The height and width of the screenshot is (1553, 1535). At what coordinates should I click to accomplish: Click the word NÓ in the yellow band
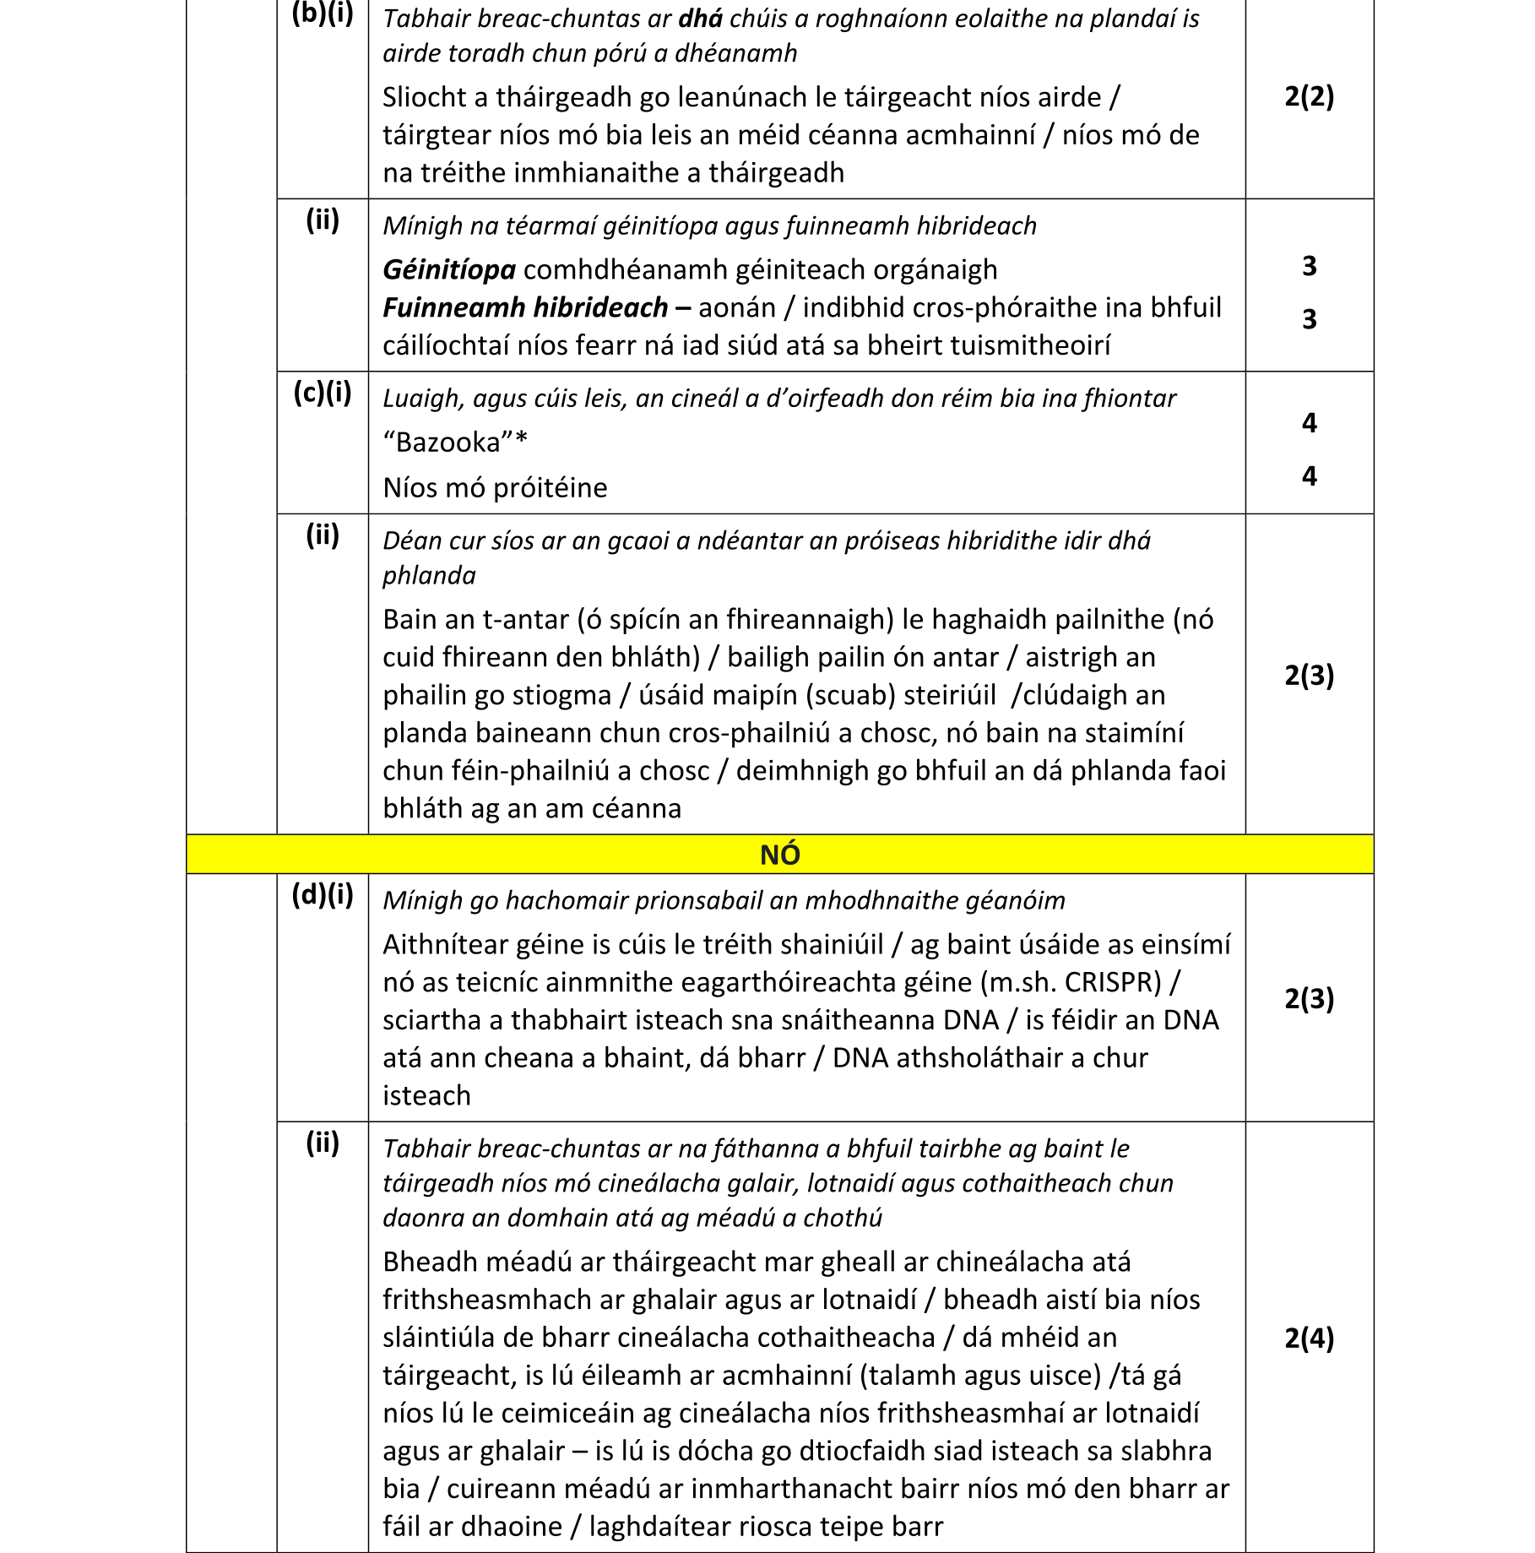point(779,855)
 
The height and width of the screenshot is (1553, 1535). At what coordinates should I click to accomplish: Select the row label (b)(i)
point(323,14)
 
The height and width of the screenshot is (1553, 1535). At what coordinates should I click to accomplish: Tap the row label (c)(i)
point(323,393)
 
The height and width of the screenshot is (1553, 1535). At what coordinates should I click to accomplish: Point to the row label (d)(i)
point(323,894)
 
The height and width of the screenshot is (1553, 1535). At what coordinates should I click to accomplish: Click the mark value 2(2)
point(1309,96)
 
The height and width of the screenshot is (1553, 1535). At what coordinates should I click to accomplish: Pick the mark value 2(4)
point(1309,1338)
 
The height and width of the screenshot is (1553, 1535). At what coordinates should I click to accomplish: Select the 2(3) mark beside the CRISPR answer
point(1309,999)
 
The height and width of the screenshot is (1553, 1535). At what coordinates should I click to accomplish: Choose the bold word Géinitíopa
point(449,270)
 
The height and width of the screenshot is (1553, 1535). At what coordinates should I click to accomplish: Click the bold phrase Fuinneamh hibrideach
point(525,307)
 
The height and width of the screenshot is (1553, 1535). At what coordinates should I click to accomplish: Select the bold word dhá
point(701,19)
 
